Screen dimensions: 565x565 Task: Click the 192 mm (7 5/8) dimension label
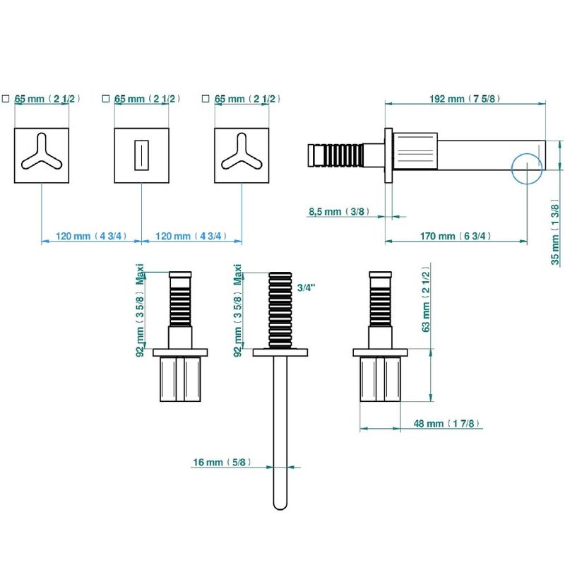coord(465,98)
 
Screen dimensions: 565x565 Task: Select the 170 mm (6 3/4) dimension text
coord(456,236)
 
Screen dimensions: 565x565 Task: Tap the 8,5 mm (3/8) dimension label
coord(339,211)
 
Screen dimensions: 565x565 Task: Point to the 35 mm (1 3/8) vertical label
coord(555,234)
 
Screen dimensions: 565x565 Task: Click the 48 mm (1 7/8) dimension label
coord(447,423)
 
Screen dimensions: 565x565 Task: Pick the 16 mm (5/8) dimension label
coord(222,462)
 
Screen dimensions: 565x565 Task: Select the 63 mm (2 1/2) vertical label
coord(426,299)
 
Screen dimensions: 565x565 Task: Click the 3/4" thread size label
coord(307,287)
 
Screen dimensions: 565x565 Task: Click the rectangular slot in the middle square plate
coord(141,155)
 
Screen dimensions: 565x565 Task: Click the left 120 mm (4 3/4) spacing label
coord(91,237)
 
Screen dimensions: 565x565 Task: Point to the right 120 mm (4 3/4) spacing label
coord(191,237)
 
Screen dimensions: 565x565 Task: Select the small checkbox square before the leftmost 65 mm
coord(6,98)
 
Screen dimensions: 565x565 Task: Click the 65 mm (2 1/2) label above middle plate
coord(147,99)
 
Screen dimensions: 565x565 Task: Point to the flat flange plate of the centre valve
coord(280,352)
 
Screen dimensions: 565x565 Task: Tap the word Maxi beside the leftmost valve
coord(140,275)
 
